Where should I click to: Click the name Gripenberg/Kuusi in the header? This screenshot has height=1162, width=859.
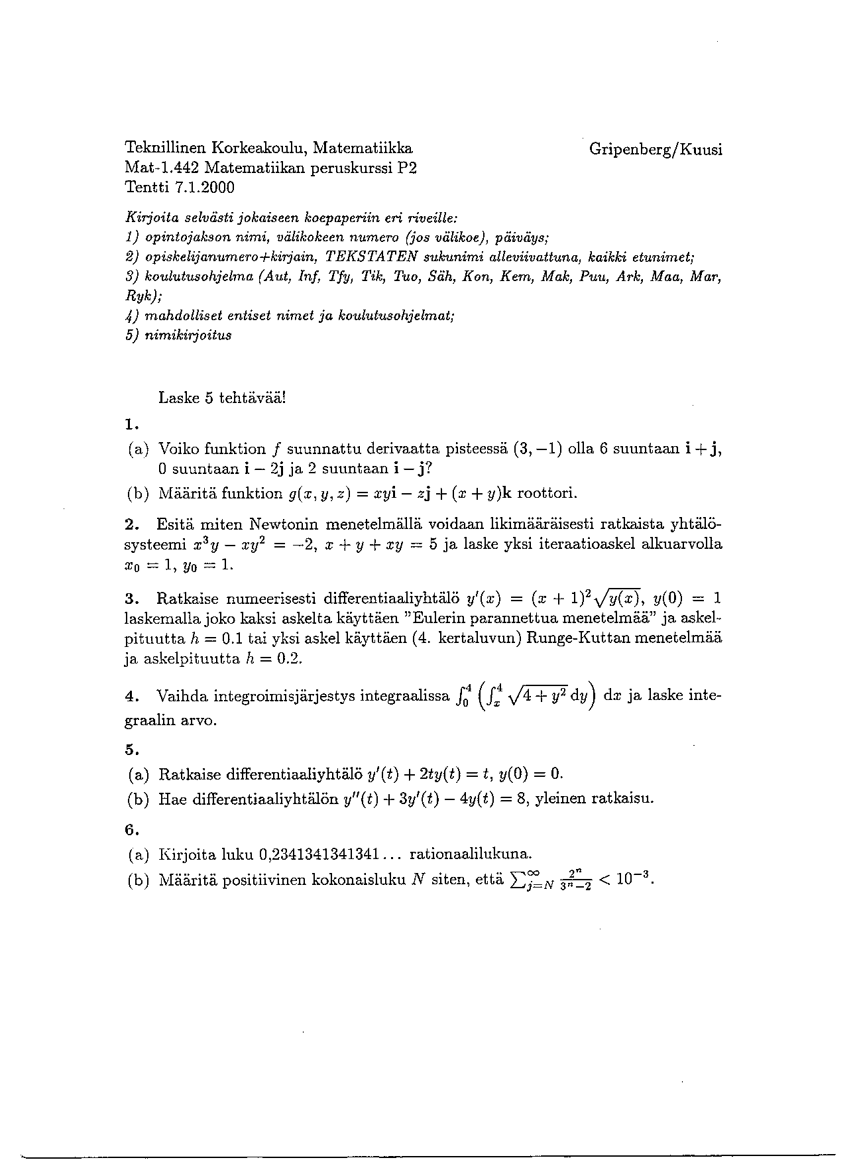coord(655,149)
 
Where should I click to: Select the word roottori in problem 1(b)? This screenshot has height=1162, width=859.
coord(547,493)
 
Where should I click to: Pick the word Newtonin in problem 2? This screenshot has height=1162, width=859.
coord(280,524)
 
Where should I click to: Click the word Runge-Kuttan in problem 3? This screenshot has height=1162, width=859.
coord(575,639)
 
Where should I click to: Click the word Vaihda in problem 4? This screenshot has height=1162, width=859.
coord(181,697)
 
